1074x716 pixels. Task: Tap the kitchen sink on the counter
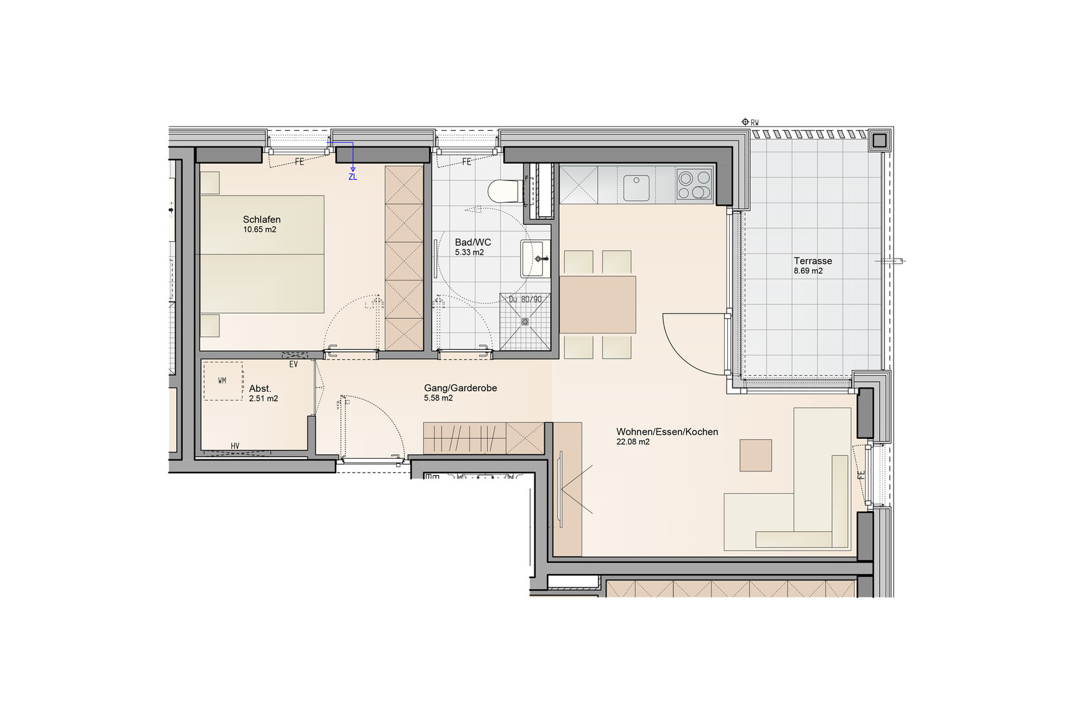click(x=636, y=188)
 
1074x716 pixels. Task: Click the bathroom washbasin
click(x=533, y=259)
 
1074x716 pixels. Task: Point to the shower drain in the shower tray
click(x=525, y=322)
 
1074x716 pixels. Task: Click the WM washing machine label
click(x=222, y=381)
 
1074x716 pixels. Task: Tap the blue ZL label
click(x=353, y=177)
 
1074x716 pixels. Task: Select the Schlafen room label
click(x=262, y=219)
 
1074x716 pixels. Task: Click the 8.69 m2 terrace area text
click(x=808, y=271)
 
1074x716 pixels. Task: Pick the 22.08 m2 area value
click(x=633, y=442)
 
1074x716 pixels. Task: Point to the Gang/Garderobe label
click(x=460, y=388)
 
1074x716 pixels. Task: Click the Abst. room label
click(x=260, y=388)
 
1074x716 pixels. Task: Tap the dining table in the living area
click(x=598, y=304)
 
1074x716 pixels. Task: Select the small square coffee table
click(x=756, y=455)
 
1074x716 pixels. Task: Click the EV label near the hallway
click(x=294, y=365)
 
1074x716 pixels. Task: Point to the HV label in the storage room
click(x=235, y=446)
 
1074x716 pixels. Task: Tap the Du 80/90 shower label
click(x=525, y=299)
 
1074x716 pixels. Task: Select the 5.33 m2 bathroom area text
click(x=469, y=252)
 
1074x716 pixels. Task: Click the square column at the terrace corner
click(x=879, y=141)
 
